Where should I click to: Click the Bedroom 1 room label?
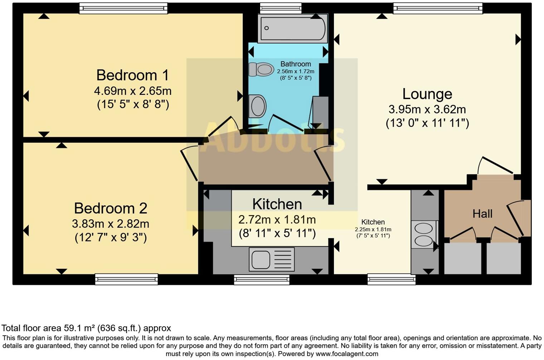pos(132,76)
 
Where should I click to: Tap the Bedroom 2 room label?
pos(110,208)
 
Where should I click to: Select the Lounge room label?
pos(427,94)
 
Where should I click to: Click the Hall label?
pos(482,214)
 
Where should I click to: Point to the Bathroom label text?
pos(295,64)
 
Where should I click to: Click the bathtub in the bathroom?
pos(292,28)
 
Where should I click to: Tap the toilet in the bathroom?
pos(261,69)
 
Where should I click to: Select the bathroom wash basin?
pos(257,106)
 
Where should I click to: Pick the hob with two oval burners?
pos(424,234)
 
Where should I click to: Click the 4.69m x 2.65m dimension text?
pos(132,91)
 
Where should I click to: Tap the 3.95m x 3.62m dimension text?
pos(427,110)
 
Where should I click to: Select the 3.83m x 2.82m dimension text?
pos(110,224)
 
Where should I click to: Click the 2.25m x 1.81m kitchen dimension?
pos(373,229)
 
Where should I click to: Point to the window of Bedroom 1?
pos(123,8)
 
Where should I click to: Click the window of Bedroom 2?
pos(126,279)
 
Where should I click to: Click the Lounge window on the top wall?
pos(437,8)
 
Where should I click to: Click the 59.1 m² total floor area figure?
pos(80,328)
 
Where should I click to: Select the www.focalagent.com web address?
pos(347,354)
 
